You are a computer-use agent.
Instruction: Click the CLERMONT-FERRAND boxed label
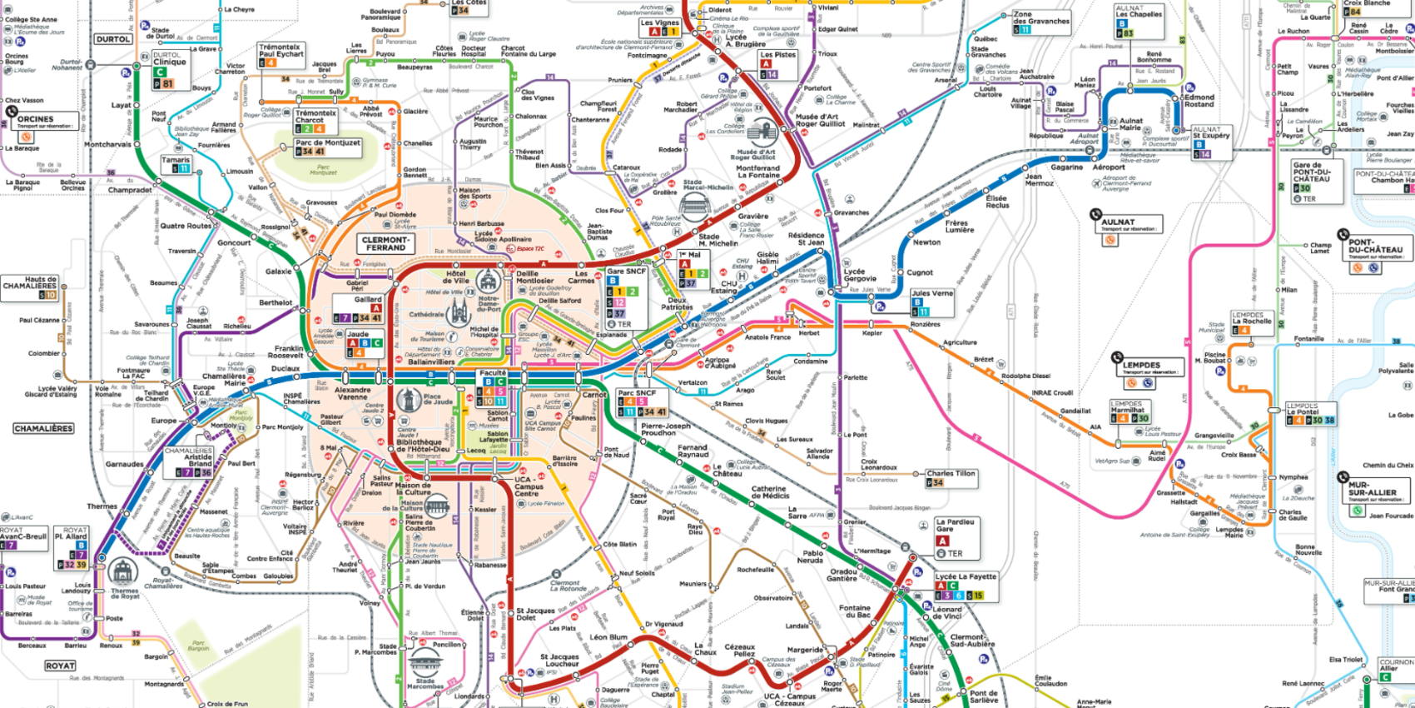pos(386,243)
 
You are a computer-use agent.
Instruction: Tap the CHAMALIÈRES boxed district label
pos(43,428)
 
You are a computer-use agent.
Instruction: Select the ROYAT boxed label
pos(60,666)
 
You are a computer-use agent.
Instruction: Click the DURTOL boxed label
pos(112,39)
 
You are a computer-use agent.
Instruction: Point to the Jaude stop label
pos(358,334)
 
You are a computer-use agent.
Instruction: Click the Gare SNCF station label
pos(626,272)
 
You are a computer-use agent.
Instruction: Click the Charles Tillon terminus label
pos(951,473)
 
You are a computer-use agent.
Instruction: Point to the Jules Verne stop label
pos(931,293)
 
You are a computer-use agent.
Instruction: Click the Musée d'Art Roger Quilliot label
pos(820,120)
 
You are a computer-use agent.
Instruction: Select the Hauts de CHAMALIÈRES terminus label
pos(30,283)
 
